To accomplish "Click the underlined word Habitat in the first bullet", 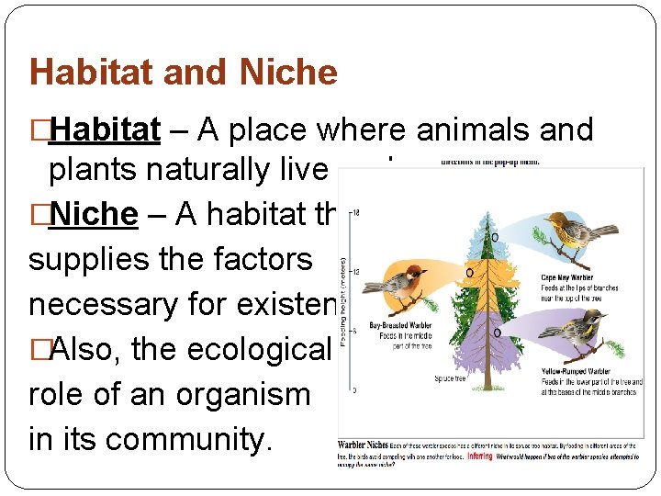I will [x=106, y=131].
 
